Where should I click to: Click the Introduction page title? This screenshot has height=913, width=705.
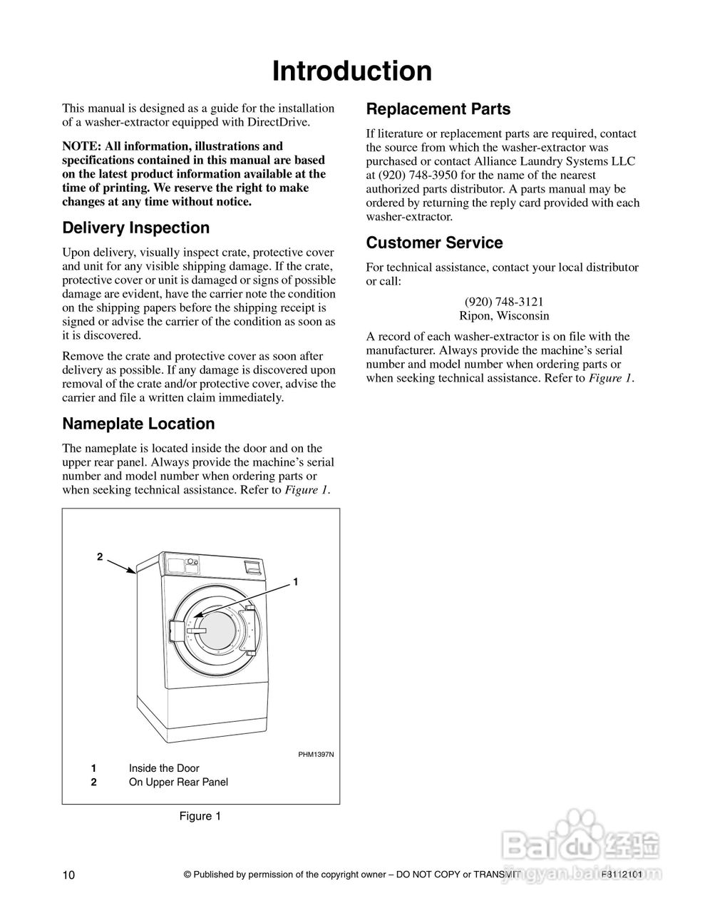coord(352,71)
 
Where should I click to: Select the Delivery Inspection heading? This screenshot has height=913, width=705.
coord(136,228)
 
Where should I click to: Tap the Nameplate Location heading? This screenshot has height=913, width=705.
coord(138,424)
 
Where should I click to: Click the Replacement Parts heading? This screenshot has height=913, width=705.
coord(438,109)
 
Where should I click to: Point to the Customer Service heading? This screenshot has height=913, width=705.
coord(434,243)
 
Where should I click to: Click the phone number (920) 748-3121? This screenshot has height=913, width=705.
coord(503,302)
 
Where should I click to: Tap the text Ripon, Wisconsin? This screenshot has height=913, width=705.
coord(503,315)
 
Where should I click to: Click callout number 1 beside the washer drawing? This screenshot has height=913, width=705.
coord(295,582)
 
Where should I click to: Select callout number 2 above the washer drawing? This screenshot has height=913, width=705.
coord(100,556)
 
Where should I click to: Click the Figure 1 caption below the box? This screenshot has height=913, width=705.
coord(200,816)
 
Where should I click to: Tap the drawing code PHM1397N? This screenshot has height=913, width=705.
coord(316,754)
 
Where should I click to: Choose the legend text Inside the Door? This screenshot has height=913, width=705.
coord(164,768)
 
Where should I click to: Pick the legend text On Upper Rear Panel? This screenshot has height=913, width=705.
coord(178,782)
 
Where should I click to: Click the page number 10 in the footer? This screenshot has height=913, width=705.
coord(68,875)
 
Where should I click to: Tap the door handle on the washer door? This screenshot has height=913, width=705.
coord(177,632)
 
